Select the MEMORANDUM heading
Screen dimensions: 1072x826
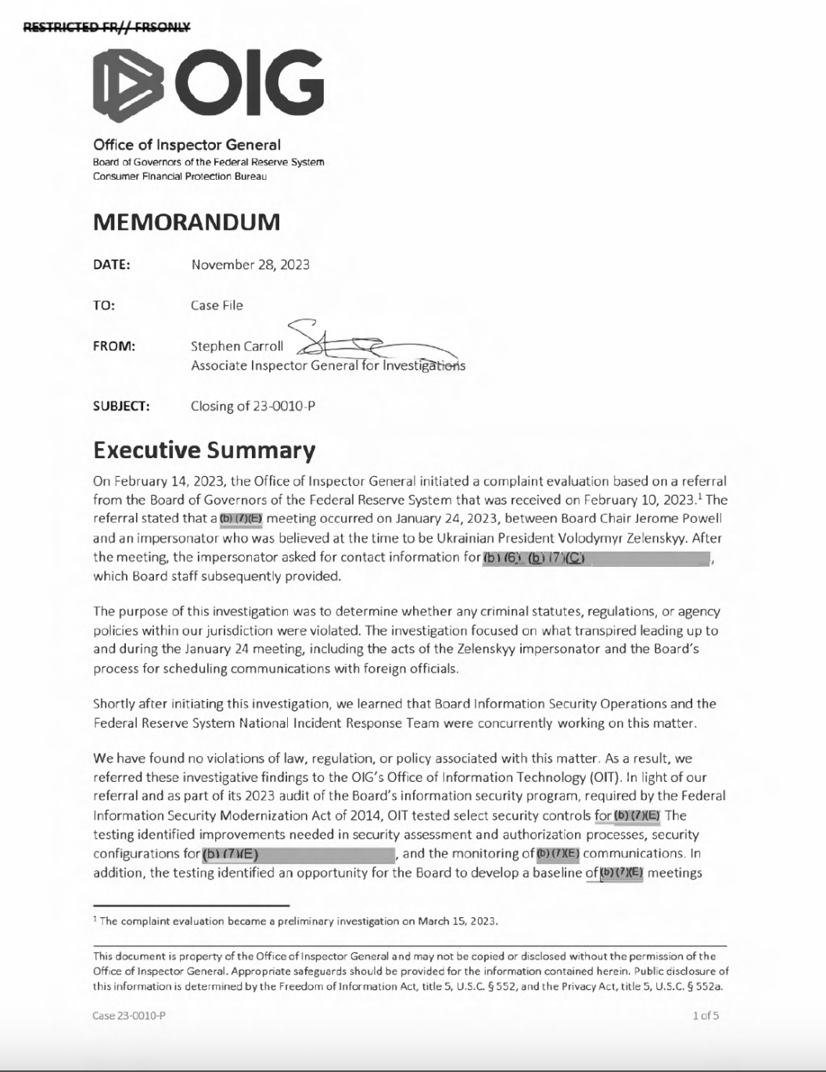186,222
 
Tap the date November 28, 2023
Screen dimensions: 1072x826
250,264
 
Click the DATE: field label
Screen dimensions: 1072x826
112,264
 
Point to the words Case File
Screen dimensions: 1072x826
217,305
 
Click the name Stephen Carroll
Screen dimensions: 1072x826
237,346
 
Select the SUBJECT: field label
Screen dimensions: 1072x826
121,406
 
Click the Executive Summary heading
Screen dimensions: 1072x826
204,450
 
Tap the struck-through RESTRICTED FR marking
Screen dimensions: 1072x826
106,27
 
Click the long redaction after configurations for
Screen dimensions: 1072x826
298,854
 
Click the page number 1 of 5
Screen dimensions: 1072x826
705,1016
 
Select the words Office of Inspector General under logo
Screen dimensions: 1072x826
186,145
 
